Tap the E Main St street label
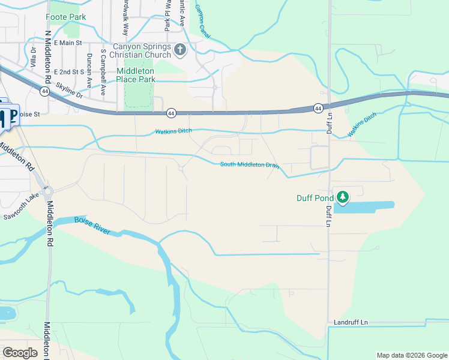tap(67, 43)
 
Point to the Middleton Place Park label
tap(136, 74)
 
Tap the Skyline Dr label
tap(72, 87)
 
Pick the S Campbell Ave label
tap(103, 73)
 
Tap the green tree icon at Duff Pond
tap(343, 197)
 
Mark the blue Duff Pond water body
tap(366, 206)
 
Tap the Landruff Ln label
tap(351, 323)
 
